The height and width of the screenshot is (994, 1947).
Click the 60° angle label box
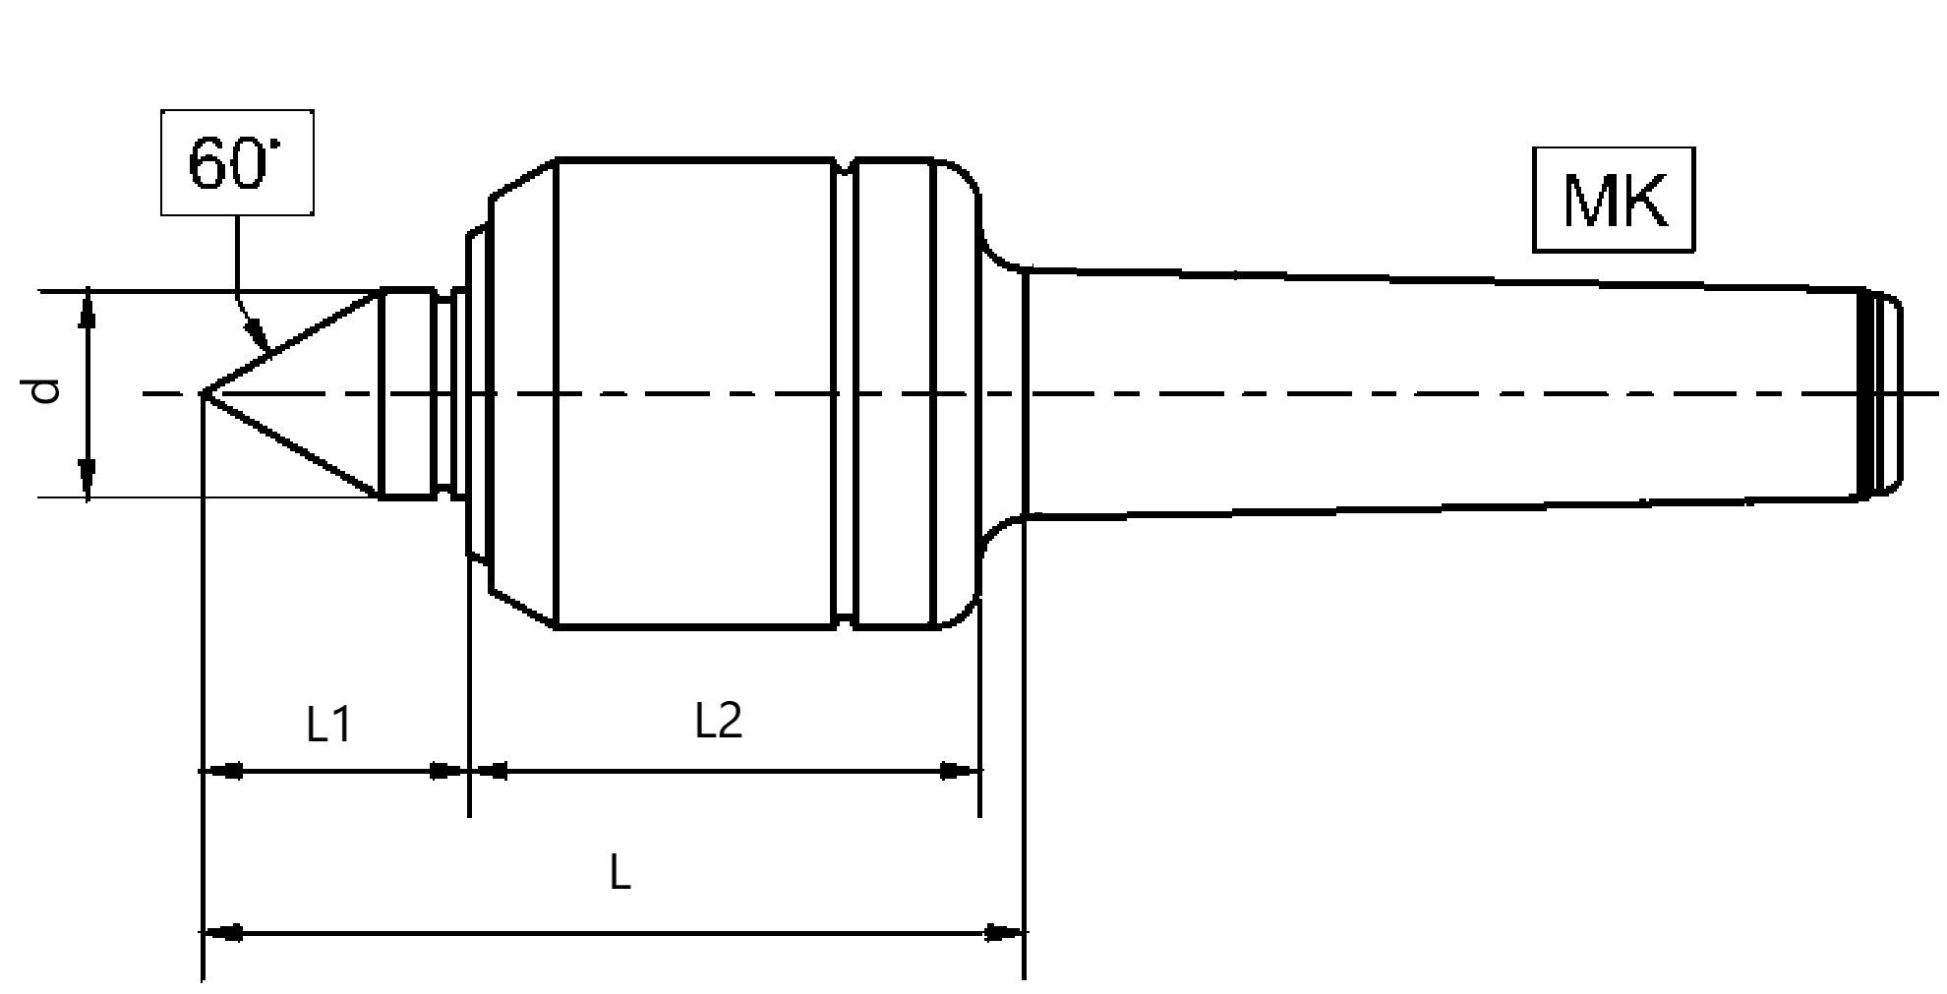click(x=238, y=163)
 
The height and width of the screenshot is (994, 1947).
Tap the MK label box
click(x=1614, y=200)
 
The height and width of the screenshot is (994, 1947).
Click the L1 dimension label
click(x=328, y=726)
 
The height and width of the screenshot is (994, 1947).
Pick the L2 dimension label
click(x=719, y=722)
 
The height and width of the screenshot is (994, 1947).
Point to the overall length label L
click(x=619, y=871)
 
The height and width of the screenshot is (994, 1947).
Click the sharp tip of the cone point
click(x=203, y=393)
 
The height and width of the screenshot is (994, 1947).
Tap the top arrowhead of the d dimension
click(x=88, y=309)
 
